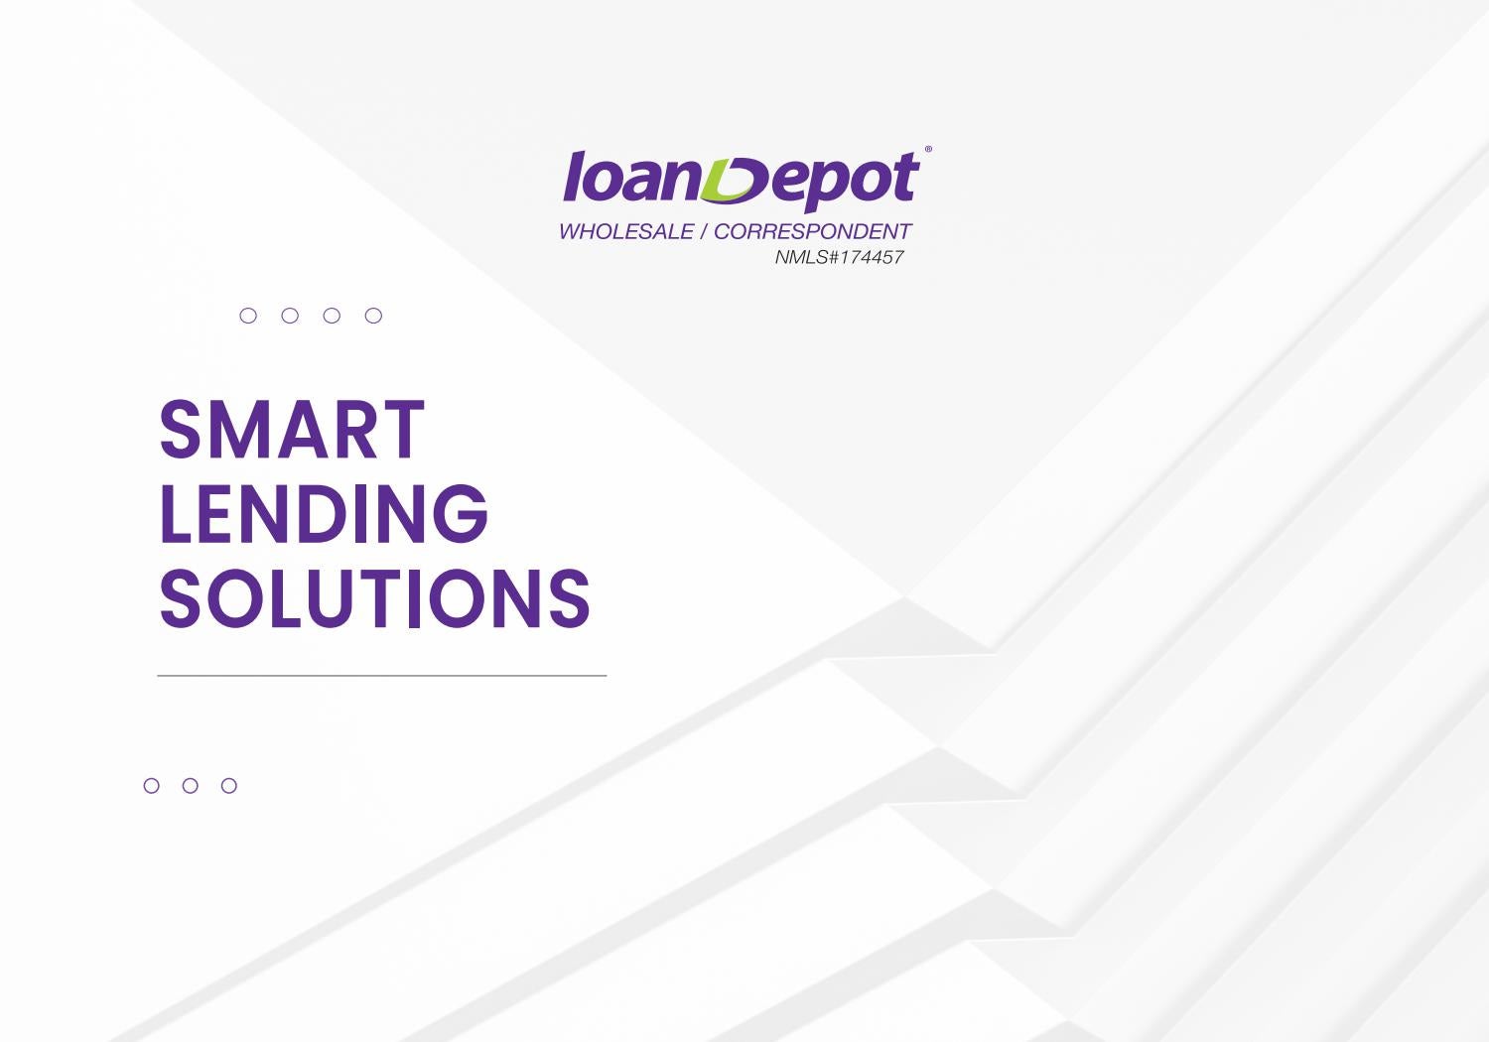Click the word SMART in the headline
pyautogui.click(x=292, y=430)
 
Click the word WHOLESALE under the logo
pyautogui.click(x=626, y=231)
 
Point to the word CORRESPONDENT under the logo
pyautogui.click(x=812, y=231)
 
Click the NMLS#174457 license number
pyautogui.click(x=839, y=257)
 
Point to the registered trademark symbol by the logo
pyautogui.click(x=928, y=150)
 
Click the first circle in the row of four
pyautogui.click(x=248, y=308)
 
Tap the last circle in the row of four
pyautogui.click(x=373, y=308)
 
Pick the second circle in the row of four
pyautogui.click(x=290, y=308)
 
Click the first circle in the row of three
pyautogui.click(x=152, y=778)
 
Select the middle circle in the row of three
pyautogui.click(x=191, y=778)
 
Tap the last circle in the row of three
pyautogui.click(x=228, y=778)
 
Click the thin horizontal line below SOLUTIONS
pyautogui.click(x=381, y=675)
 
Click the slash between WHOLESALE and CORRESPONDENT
pyautogui.click(x=703, y=231)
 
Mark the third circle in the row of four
pyautogui.click(x=332, y=308)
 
